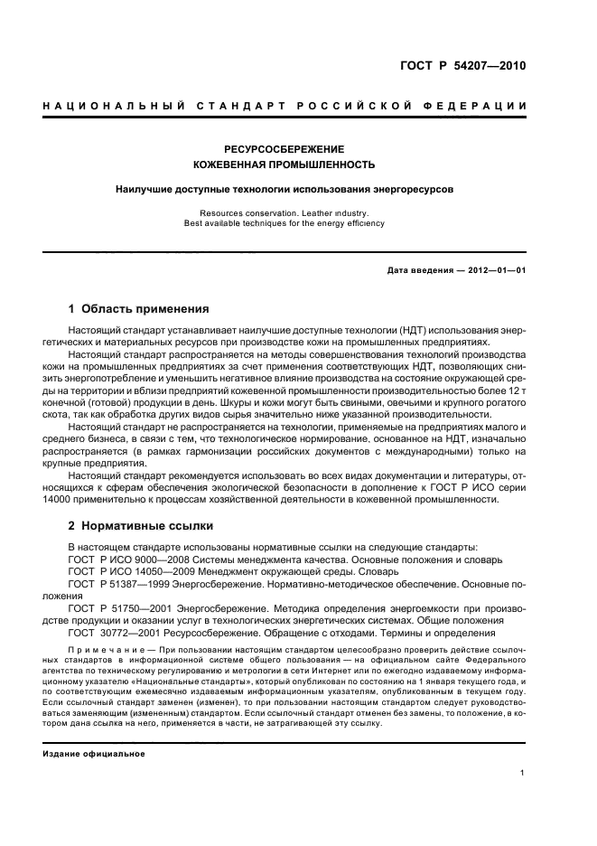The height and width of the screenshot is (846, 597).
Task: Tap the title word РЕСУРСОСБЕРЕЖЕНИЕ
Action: pyautogui.click(x=285, y=149)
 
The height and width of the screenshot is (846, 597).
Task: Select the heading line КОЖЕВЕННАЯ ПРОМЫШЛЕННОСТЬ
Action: pyautogui.click(x=285, y=165)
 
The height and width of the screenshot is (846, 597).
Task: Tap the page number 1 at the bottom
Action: pyautogui.click(x=523, y=773)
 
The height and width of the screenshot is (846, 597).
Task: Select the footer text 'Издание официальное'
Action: pyautogui.click(x=94, y=753)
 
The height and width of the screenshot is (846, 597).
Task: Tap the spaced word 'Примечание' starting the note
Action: pyautogui.click(x=104, y=650)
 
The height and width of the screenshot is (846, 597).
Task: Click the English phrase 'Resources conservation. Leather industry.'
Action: pyautogui.click(x=285, y=213)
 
